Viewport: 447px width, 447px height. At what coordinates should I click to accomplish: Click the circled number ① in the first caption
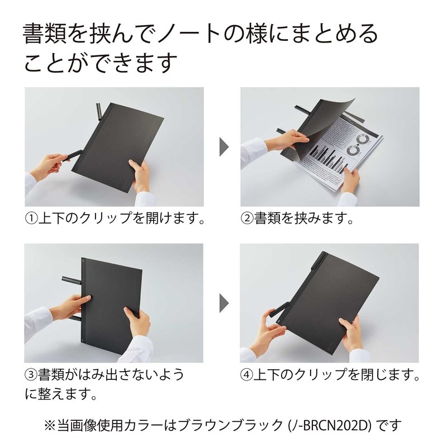click(x=30, y=217)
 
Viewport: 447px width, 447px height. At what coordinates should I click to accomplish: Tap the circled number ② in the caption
click(x=248, y=217)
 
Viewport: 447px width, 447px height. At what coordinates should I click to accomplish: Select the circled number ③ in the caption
click(x=30, y=374)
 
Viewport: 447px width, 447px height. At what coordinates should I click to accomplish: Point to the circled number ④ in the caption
click(x=248, y=374)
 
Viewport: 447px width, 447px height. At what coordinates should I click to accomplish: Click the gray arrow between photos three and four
click(x=223, y=302)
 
